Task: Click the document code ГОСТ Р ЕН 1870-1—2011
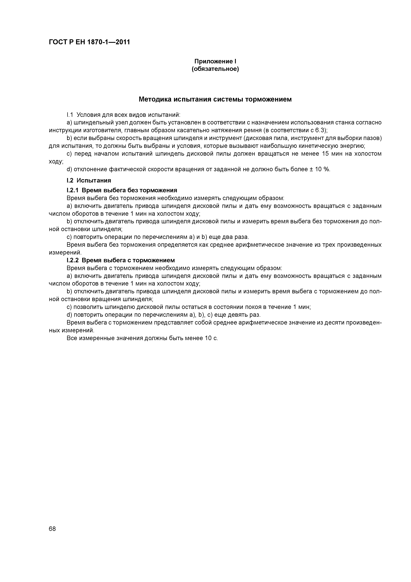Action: (x=89, y=42)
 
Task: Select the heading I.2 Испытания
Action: (x=89, y=181)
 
